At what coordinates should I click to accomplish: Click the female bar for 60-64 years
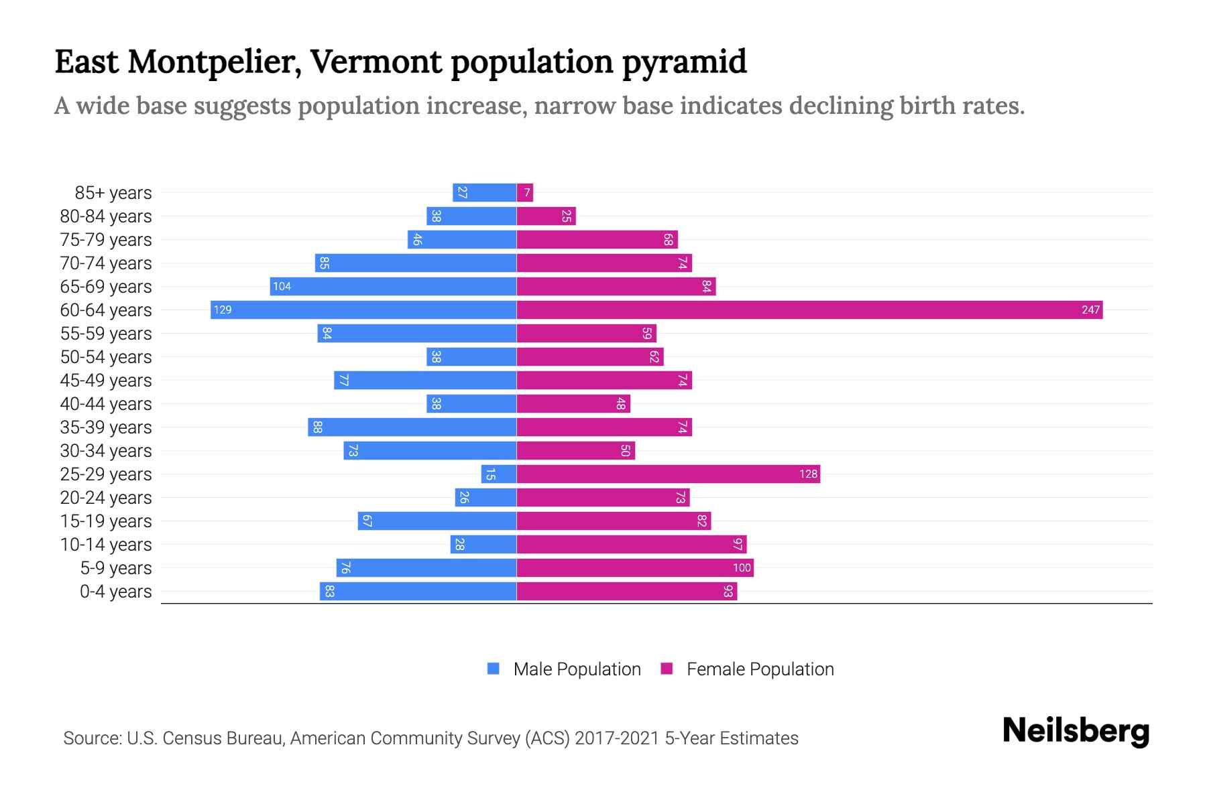pyautogui.click(x=809, y=310)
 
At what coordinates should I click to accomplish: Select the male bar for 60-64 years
pyautogui.click(x=363, y=310)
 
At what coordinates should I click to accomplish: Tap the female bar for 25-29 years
pyautogui.click(x=668, y=474)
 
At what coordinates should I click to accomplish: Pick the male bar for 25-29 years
pyautogui.click(x=499, y=474)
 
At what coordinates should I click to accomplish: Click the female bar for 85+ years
pyautogui.click(x=525, y=193)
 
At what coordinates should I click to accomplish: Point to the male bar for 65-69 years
pyautogui.click(x=393, y=286)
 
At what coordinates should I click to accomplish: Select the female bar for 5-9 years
pyautogui.click(x=634, y=567)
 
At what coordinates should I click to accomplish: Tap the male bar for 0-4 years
pyautogui.click(x=418, y=591)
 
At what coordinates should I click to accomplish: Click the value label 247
pyautogui.click(x=1090, y=310)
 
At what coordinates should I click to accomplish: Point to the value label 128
pyautogui.click(x=808, y=474)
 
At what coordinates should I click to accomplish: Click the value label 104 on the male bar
pyautogui.click(x=282, y=286)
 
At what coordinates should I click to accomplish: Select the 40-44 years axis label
pyautogui.click(x=106, y=404)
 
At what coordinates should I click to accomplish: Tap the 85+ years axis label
pyautogui.click(x=113, y=193)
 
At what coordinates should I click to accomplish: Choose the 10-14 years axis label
pyautogui.click(x=106, y=545)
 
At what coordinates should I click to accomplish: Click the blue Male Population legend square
pyautogui.click(x=494, y=669)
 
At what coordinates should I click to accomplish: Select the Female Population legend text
pyautogui.click(x=760, y=669)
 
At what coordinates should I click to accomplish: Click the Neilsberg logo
pyautogui.click(x=1076, y=731)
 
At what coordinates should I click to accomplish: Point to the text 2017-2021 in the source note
pyautogui.click(x=617, y=738)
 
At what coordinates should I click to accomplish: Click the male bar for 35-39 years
pyautogui.click(x=412, y=427)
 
